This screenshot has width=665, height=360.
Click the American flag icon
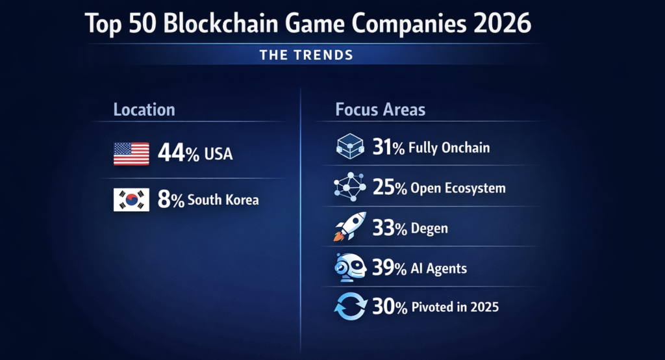(x=131, y=154)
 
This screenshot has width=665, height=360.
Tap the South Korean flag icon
(x=131, y=200)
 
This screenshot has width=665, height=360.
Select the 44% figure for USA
(x=179, y=154)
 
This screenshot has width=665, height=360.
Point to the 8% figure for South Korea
(x=171, y=200)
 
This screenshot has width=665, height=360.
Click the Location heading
(x=144, y=109)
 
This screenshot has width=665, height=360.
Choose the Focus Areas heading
(x=381, y=109)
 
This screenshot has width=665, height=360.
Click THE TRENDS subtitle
(x=307, y=55)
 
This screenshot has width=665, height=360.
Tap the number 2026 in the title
(x=500, y=24)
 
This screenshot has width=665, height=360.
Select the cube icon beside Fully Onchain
(x=351, y=148)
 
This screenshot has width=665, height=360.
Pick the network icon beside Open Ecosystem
(x=351, y=188)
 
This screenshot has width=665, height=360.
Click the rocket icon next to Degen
(x=351, y=227)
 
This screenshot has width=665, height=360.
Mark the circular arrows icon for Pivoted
(x=351, y=307)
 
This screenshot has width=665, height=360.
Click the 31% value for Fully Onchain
(x=389, y=148)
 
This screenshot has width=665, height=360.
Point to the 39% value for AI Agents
(x=389, y=267)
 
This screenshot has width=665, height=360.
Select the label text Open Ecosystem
(x=458, y=188)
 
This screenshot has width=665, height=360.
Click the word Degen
(x=429, y=228)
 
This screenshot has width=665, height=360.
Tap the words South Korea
(x=223, y=200)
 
